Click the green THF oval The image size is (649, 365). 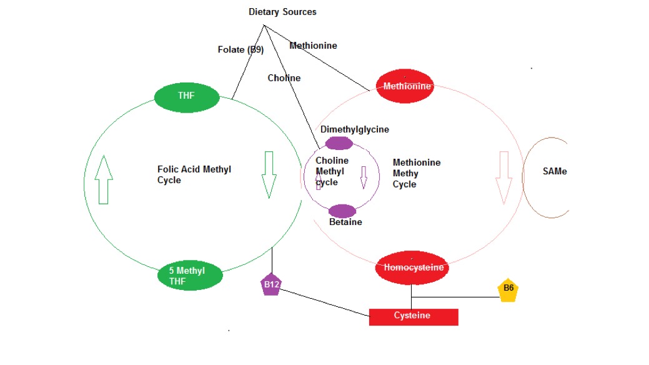click(187, 96)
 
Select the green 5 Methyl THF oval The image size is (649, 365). click(190, 275)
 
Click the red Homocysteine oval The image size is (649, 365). click(413, 267)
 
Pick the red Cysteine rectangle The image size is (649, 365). click(413, 316)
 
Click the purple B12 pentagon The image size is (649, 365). click(271, 285)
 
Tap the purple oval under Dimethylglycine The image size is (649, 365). click(339, 143)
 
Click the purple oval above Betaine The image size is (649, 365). click(342, 211)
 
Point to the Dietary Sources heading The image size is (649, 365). click(282, 12)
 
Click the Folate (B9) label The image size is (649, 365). click(240, 49)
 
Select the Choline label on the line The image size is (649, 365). click(284, 78)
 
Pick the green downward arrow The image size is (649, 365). click(269, 174)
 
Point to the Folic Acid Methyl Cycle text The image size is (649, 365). click(194, 174)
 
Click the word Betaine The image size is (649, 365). click(345, 222)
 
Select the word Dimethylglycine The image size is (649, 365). click(354, 129)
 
